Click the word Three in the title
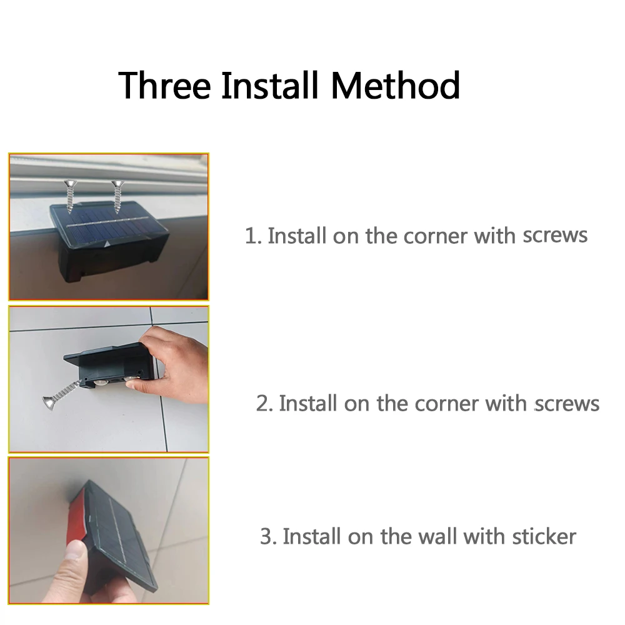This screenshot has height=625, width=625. tap(164, 85)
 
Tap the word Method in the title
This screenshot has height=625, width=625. tap(396, 85)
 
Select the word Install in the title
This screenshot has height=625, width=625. tap(271, 85)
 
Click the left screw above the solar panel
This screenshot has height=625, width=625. tap(71, 196)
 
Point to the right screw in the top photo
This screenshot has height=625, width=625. tap(117, 196)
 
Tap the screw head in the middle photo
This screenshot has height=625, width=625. tap(49, 403)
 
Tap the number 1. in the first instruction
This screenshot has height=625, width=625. tap(253, 236)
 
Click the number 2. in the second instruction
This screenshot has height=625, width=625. tap(264, 403)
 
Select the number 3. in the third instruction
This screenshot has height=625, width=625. tap(268, 536)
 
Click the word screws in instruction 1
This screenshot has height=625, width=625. tap(555, 236)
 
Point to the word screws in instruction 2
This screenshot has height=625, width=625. tap(567, 403)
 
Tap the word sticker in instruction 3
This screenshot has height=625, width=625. tap(544, 536)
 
